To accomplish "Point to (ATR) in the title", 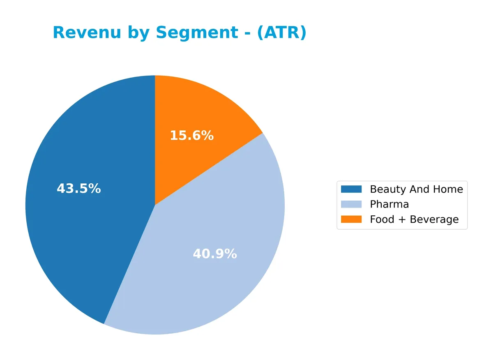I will [281, 33].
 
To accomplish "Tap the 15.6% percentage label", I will [191, 136].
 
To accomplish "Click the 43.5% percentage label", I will [78, 189].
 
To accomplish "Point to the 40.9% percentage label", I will [214, 254].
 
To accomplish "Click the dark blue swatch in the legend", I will [351, 189].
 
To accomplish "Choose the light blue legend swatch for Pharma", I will [351, 204].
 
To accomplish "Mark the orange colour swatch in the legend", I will [351, 219].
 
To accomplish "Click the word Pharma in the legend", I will [389, 204].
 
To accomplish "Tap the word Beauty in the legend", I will [387, 189].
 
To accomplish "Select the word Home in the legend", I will [448, 189].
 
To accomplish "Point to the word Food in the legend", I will [382, 219].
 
